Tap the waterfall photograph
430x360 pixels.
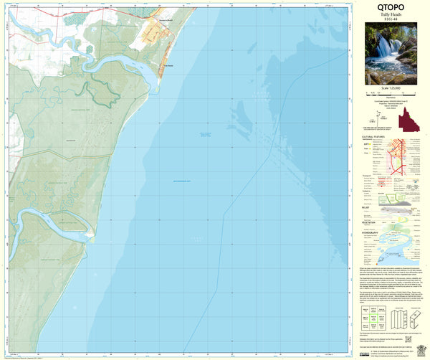pos(390,54)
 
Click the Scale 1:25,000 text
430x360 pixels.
pos(390,88)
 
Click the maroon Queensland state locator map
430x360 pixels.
pos(409,119)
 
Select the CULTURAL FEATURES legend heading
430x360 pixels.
pos(373,134)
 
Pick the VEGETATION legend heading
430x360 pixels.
pos(370,223)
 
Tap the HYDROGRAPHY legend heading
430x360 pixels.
pos(371,233)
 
